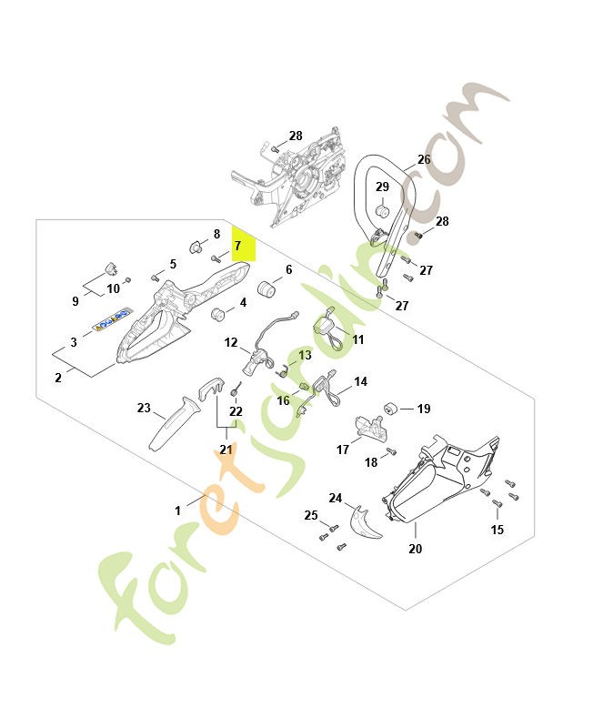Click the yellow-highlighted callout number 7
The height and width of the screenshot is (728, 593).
click(238, 246)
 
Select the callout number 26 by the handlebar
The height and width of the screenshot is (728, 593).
click(424, 159)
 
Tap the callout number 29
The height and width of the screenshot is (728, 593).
click(383, 187)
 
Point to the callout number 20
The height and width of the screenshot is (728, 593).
click(416, 549)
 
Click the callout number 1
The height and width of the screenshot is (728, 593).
click(178, 511)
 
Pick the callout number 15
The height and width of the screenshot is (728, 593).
click(497, 530)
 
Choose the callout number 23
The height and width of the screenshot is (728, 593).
click(144, 409)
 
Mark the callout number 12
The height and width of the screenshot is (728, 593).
click(231, 343)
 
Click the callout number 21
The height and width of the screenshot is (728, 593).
click(226, 450)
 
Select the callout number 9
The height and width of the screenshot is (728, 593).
click(75, 301)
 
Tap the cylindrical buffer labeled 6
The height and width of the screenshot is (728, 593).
click(268, 288)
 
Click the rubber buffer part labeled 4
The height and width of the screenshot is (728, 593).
click(218, 315)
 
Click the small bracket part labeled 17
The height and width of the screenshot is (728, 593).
click(367, 425)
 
